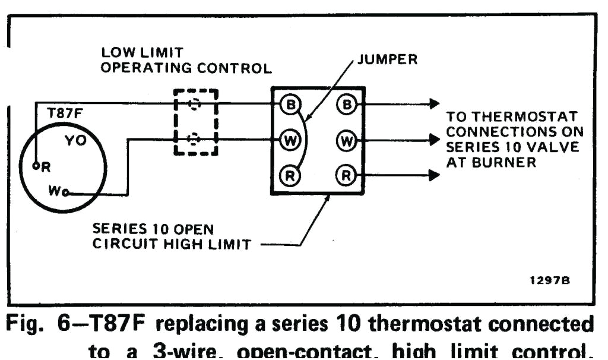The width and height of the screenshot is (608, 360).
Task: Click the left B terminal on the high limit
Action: click(x=291, y=105)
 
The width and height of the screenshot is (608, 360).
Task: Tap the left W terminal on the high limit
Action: click(x=291, y=140)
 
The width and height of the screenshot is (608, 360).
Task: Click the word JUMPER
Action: click(x=388, y=59)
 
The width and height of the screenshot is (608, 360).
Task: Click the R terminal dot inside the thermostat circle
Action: click(x=36, y=166)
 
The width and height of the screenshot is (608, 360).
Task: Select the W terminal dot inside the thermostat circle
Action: click(x=65, y=192)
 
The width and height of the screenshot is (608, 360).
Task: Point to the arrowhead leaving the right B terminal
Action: click(x=434, y=105)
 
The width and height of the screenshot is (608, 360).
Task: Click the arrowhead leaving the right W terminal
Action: click(x=434, y=140)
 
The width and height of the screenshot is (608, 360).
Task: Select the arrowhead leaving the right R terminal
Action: click(x=434, y=175)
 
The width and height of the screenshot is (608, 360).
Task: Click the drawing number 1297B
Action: click(x=550, y=280)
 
